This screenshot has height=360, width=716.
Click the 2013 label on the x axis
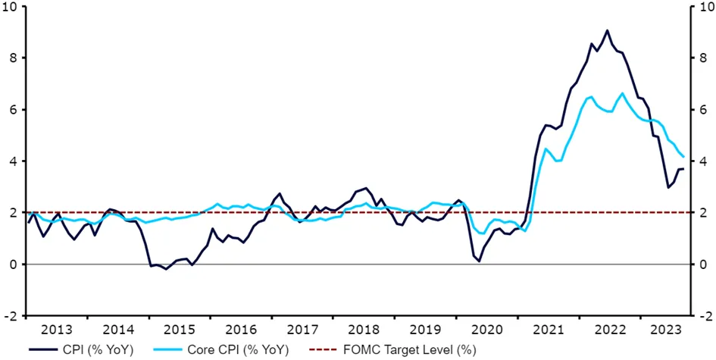57,329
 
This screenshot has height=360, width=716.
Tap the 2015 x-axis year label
180,329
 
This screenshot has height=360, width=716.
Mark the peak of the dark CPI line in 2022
607,30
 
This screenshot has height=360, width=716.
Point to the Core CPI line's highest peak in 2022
622,93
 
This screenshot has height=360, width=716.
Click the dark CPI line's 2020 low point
480,261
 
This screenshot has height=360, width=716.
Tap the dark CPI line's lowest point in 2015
166,269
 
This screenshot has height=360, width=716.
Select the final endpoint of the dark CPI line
683,169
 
